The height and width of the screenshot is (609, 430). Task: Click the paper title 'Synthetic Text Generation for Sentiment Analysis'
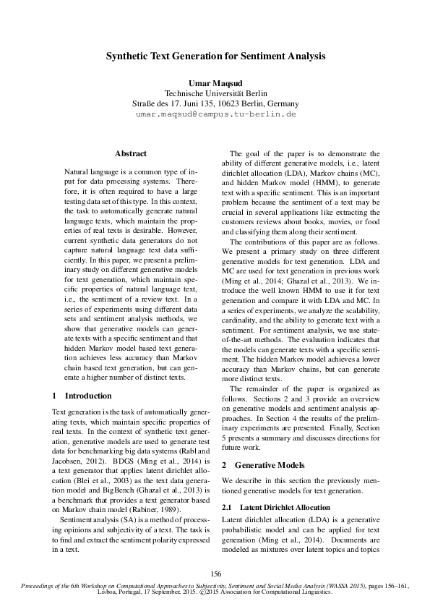[216, 55]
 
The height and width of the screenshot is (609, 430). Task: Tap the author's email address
[216, 114]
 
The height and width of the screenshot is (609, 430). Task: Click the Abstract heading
[131, 153]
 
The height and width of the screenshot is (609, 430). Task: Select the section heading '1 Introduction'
[82, 396]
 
